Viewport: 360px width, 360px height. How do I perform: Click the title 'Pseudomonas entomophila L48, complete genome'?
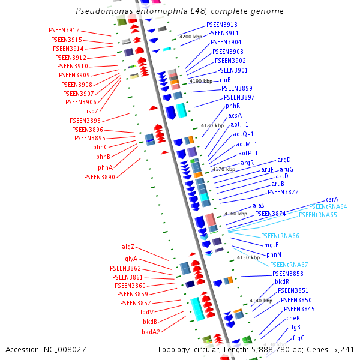[x=180, y=11]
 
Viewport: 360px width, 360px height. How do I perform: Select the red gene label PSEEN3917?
[x=64, y=31]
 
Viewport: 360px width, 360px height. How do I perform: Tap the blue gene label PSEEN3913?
[x=222, y=25]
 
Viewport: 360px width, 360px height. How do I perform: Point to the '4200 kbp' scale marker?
[x=191, y=37]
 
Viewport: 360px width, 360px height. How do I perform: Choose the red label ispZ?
[x=92, y=112]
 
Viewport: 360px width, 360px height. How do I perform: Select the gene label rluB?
[x=225, y=80]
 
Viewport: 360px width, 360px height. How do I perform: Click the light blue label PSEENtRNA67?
[x=289, y=265]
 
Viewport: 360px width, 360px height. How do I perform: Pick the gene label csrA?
[x=332, y=199]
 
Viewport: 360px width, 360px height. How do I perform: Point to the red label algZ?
[x=128, y=247]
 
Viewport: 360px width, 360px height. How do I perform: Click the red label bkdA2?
[x=151, y=331]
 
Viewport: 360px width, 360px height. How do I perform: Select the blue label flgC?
[x=298, y=338]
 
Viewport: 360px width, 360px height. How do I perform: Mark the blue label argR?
[x=248, y=163]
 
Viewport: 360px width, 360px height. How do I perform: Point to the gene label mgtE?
[x=272, y=245]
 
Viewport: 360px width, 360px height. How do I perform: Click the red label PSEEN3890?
[x=100, y=178]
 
